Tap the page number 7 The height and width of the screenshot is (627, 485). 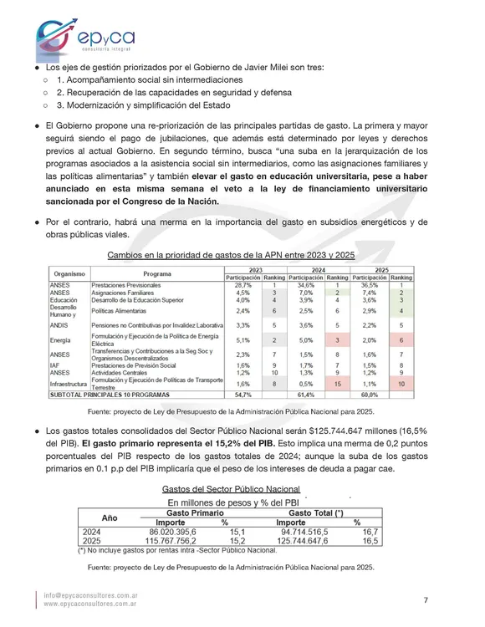click(x=425, y=599)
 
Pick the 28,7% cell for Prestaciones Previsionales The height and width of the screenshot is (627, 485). click(x=243, y=285)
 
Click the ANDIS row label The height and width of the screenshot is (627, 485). click(x=59, y=324)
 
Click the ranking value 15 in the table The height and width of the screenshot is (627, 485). click(x=336, y=383)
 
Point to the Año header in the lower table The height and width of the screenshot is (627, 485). click(x=110, y=517)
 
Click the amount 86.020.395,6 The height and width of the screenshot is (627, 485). click(x=172, y=532)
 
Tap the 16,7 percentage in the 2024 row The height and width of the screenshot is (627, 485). click(x=371, y=532)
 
